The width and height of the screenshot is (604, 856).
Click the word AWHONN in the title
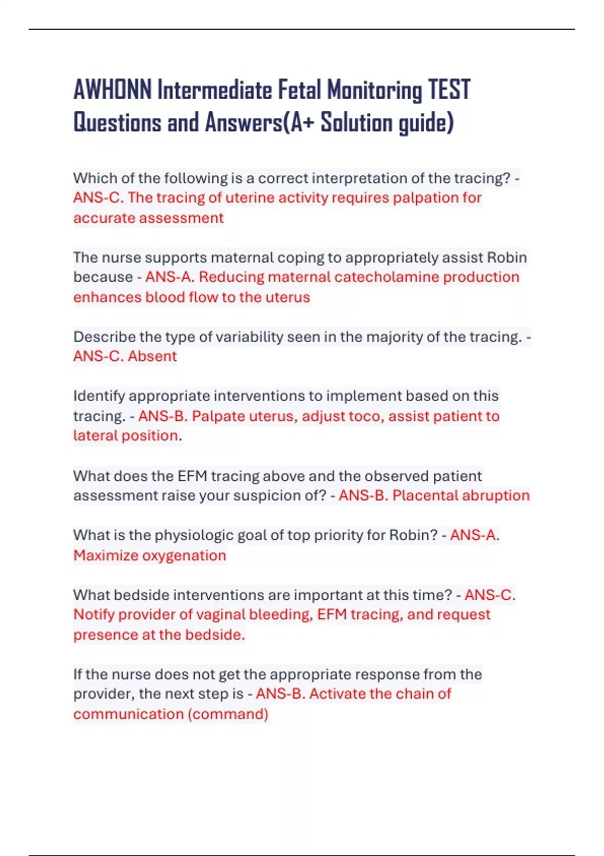tap(112, 90)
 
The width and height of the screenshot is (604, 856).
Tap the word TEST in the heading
tap(449, 90)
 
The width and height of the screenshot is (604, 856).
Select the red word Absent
tap(152, 356)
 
